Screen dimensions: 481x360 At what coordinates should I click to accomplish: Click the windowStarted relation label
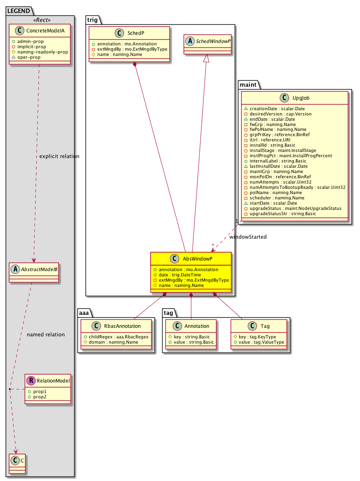point(248,237)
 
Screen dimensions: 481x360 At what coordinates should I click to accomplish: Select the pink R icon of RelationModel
point(31,381)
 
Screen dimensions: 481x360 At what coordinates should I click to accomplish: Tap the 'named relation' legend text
point(45,334)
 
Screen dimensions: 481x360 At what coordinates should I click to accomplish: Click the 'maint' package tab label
point(248,84)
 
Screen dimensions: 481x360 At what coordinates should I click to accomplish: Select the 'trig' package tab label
point(92,20)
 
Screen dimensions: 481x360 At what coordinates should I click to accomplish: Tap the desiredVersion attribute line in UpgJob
point(281,114)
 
